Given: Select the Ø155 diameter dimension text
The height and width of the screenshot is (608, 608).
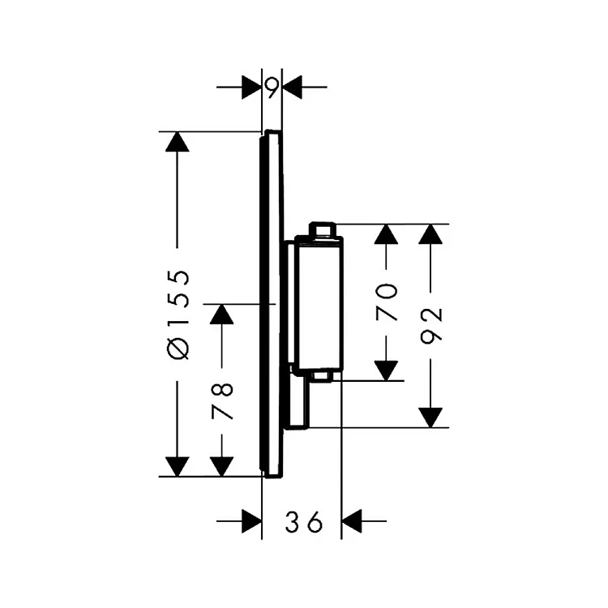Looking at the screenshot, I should click(180, 313).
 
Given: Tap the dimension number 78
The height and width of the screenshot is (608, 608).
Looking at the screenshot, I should click(222, 400).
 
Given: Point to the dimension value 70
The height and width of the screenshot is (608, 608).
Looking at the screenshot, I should click(388, 302).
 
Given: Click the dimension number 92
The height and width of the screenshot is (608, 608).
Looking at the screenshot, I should click(434, 327).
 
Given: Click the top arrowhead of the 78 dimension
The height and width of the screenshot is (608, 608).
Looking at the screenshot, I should click(222, 314).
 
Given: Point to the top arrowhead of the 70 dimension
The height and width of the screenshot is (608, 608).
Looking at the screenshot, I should click(388, 234).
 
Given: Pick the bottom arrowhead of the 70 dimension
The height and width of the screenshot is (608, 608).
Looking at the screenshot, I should click(388, 369).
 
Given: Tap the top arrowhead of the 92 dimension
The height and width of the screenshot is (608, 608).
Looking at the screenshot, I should click(434, 234).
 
